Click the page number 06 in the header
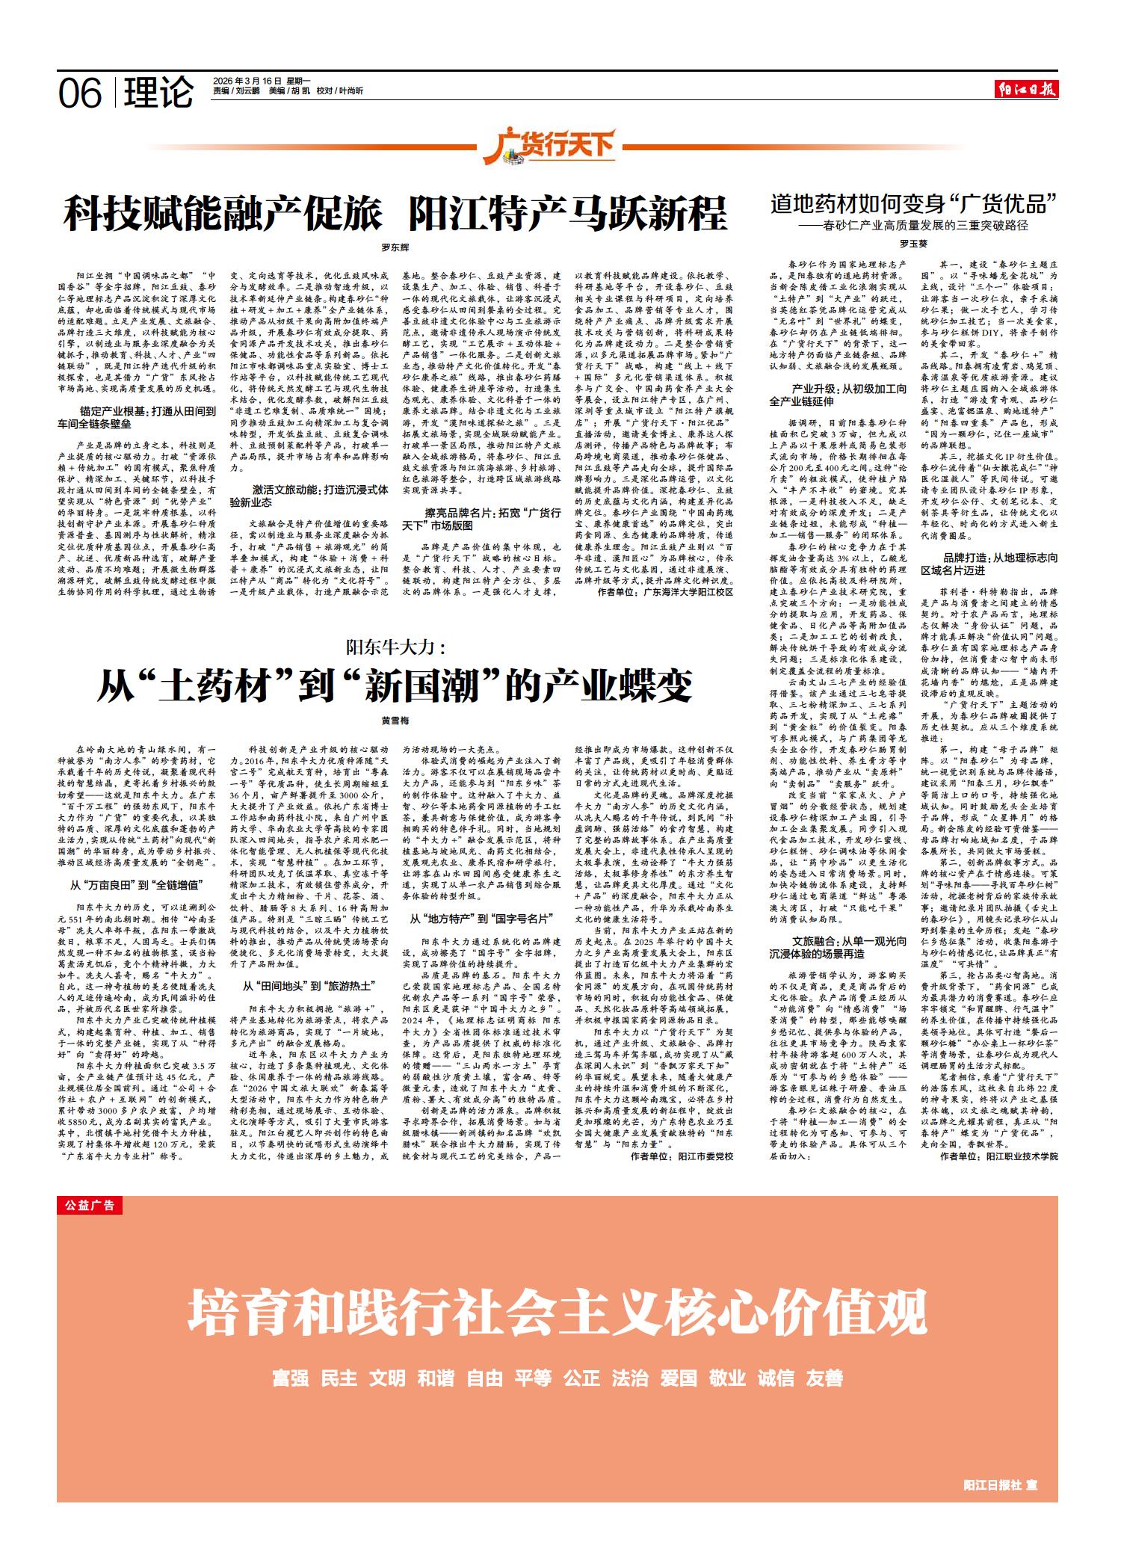(80, 93)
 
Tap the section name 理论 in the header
(158, 93)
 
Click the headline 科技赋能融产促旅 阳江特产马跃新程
(395, 214)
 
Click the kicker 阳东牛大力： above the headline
(395, 646)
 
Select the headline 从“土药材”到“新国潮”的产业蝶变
(395, 685)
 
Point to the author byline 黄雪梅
(395, 721)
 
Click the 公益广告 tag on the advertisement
(89, 1205)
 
